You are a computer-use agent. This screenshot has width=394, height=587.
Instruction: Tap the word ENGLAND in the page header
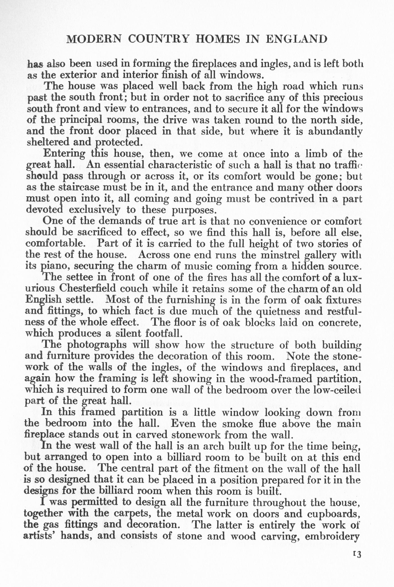coord(296,39)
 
